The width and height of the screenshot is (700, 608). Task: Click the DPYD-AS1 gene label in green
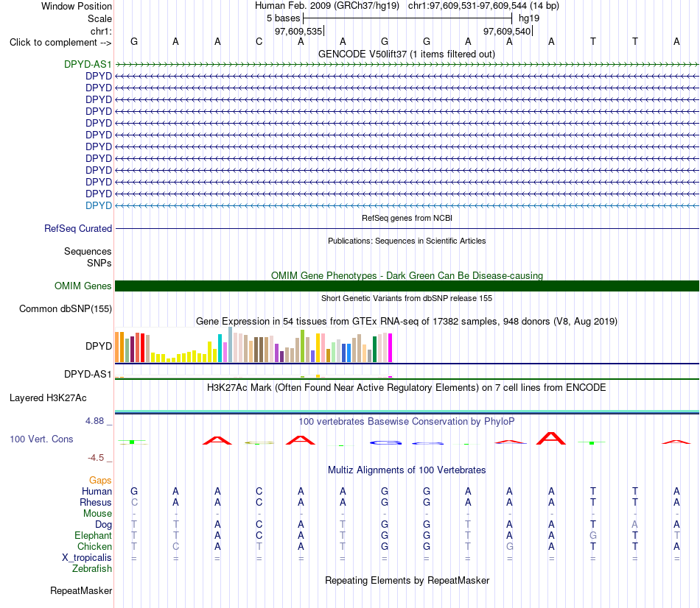88,64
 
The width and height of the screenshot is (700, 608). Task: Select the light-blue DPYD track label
99,205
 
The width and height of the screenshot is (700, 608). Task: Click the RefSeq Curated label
78,228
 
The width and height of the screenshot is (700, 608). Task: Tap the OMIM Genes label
83,286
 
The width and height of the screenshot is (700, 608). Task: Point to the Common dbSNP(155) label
66,308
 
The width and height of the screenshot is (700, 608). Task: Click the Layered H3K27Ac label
48,398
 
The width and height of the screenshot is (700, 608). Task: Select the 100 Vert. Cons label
41,439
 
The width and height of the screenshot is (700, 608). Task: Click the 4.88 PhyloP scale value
94,420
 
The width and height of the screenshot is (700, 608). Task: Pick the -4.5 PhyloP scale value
96,458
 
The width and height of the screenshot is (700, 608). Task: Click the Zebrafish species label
92,569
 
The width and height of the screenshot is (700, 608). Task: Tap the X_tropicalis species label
87,558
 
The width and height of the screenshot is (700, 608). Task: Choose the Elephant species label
94,535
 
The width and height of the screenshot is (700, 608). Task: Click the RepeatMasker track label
81,590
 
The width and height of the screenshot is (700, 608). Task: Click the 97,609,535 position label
298,31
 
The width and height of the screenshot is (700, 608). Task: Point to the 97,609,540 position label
507,31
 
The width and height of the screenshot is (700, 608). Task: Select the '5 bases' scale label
284,18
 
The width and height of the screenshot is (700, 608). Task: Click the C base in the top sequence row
259,41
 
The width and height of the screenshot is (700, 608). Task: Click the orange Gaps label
100,480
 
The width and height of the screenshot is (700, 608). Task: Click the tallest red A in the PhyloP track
551,439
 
